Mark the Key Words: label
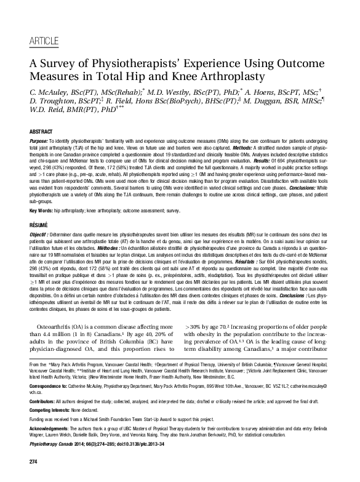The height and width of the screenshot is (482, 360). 43,210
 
